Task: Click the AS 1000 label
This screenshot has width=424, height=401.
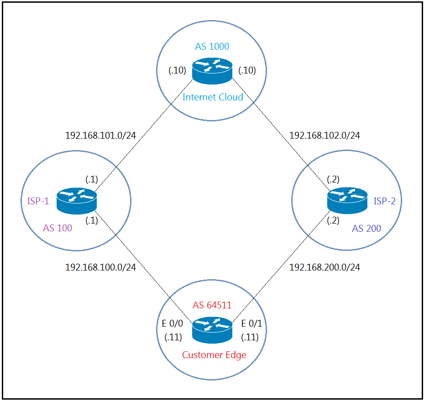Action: (x=212, y=47)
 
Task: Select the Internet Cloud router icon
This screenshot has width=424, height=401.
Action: (x=212, y=71)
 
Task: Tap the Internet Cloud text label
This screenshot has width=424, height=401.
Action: (x=213, y=97)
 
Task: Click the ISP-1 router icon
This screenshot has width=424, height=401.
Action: (x=77, y=201)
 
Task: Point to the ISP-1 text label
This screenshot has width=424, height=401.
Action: (x=35, y=201)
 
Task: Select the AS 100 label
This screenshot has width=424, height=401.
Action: (x=58, y=228)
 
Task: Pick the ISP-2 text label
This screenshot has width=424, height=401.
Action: (x=385, y=201)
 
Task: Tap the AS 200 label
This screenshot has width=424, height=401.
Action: (x=366, y=229)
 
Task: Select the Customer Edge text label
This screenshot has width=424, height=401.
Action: (x=214, y=355)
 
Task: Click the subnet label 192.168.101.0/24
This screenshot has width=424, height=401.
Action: (x=100, y=135)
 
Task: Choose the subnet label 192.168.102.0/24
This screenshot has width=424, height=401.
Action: (x=325, y=135)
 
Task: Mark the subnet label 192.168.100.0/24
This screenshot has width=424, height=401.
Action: (x=100, y=267)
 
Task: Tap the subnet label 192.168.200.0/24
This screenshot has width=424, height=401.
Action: (x=325, y=267)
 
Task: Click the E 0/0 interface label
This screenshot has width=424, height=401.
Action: (x=173, y=324)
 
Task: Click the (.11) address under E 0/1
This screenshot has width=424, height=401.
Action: (x=250, y=338)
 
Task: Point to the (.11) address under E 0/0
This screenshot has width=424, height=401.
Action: (x=173, y=338)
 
